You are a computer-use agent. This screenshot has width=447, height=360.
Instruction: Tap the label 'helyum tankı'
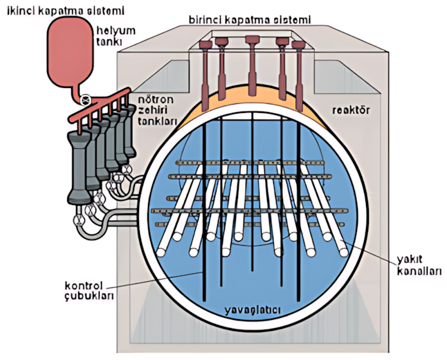pyautogui.click(x=115, y=36)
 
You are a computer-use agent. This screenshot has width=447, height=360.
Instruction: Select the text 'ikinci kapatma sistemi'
pyautogui.click(x=65, y=11)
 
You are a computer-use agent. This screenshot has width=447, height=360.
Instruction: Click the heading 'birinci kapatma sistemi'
pyautogui.click(x=250, y=20)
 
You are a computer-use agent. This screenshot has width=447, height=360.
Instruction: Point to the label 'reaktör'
pyautogui.click(x=351, y=110)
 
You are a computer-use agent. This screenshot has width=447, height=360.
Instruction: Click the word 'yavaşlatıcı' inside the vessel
pyautogui.click(x=253, y=310)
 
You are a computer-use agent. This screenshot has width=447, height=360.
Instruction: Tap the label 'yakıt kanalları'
pyautogui.click(x=419, y=265)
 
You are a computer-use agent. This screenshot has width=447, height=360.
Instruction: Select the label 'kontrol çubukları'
pyautogui.click(x=89, y=291)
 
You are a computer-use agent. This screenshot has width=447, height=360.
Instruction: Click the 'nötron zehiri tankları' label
pyautogui.click(x=157, y=110)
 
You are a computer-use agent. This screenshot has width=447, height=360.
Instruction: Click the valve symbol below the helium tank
pyautogui.click(x=86, y=100)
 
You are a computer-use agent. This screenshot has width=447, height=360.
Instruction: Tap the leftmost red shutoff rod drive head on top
pyautogui.click(x=206, y=44)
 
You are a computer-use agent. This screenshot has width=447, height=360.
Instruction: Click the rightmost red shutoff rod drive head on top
pyautogui.click(x=298, y=45)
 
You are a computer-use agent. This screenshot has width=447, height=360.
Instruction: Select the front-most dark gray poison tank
pyautogui.click(x=80, y=168)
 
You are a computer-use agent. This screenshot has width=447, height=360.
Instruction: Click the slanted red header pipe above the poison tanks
pyautogui.click(x=100, y=105)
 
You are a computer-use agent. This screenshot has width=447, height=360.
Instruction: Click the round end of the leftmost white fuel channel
pyautogui.click(x=161, y=253)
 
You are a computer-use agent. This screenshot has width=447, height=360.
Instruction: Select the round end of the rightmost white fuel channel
pyautogui.click(x=343, y=252)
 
